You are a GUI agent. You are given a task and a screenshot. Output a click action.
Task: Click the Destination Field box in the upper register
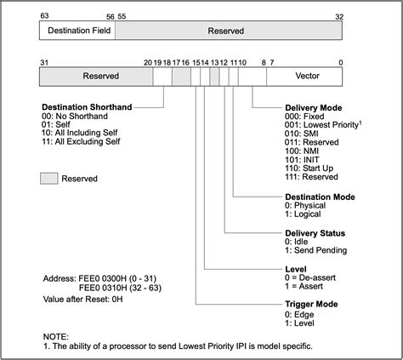(x=77, y=31)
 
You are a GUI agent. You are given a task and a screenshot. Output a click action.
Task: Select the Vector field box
(x=304, y=77)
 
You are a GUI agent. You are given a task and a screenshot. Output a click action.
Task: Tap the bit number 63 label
(x=44, y=15)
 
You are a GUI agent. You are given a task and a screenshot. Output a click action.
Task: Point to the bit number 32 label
(x=339, y=17)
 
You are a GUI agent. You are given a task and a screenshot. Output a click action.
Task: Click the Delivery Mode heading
(x=314, y=108)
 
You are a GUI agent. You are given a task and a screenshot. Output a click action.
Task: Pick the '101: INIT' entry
(x=302, y=160)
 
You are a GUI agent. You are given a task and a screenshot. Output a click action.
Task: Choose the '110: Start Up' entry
(x=309, y=169)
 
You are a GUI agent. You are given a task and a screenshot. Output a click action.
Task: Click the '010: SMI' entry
(x=302, y=134)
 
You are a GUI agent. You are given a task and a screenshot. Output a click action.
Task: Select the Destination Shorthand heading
(x=87, y=107)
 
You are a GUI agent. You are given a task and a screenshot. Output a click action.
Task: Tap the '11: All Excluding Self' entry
(x=81, y=141)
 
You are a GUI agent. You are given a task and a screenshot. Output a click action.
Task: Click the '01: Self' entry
(x=56, y=124)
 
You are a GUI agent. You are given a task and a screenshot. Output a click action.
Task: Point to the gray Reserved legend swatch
(x=49, y=179)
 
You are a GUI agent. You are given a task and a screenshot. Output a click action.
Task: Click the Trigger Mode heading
(x=311, y=304)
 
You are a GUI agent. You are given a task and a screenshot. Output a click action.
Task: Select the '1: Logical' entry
(x=303, y=214)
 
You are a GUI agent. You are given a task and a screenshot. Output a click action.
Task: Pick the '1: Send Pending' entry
(x=316, y=250)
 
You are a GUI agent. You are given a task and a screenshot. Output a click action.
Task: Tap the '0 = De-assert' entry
(x=310, y=277)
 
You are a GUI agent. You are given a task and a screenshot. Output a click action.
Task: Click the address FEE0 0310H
(x=103, y=288)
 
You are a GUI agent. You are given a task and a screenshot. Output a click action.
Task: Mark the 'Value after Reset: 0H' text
(x=83, y=300)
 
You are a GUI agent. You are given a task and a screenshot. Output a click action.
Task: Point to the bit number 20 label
(x=148, y=62)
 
